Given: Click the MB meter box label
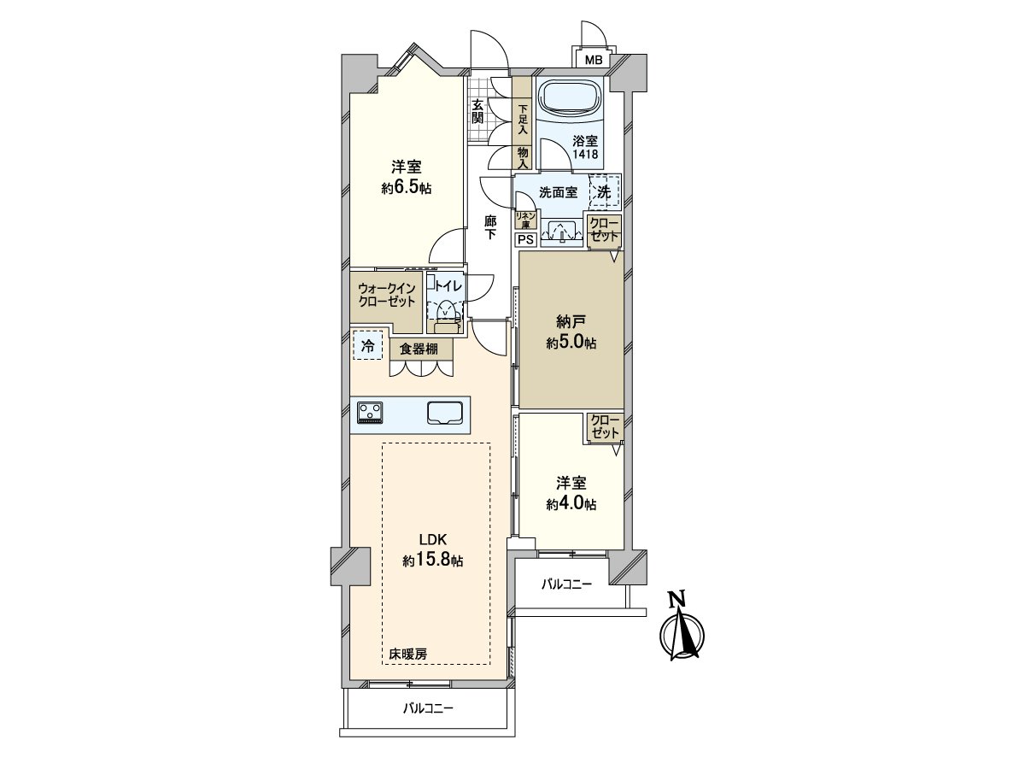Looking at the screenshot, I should click(x=594, y=60).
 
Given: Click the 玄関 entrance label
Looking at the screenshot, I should click(x=477, y=110).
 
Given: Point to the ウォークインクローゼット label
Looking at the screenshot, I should click(x=387, y=296).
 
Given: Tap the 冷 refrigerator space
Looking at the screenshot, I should click(x=367, y=346).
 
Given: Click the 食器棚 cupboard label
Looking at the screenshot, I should click(x=420, y=349).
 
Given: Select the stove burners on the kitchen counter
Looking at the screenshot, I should click(x=371, y=413).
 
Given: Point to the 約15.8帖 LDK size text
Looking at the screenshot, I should click(x=434, y=561).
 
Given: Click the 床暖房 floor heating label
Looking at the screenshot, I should click(x=408, y=654).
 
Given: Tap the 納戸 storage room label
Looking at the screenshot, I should click(x=571, y=322).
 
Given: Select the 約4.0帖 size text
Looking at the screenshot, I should click(x=571, y=503).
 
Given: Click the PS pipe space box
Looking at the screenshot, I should click(x=525, y=240).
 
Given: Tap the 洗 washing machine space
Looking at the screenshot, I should click(x=604, y=193).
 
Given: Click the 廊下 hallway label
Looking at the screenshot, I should click(x=490, y=226).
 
